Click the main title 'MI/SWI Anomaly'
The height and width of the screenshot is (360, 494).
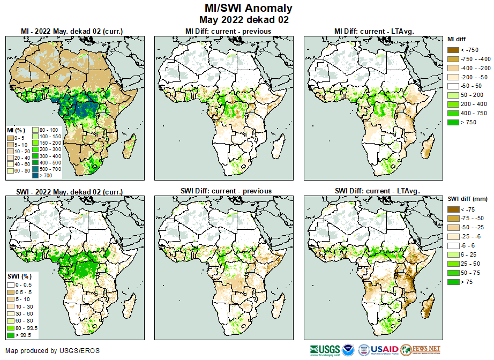pos(248,8)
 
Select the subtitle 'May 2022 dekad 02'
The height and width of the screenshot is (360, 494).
pos(248,20)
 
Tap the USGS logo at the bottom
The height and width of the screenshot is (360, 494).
pos(323,350)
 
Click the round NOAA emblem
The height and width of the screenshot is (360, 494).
pos(348,350)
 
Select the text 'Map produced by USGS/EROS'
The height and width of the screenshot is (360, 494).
pos(53,351)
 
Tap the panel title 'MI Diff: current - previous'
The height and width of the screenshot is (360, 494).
pos(228,31)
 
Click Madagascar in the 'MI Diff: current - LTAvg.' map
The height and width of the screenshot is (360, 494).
pos(428,146)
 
